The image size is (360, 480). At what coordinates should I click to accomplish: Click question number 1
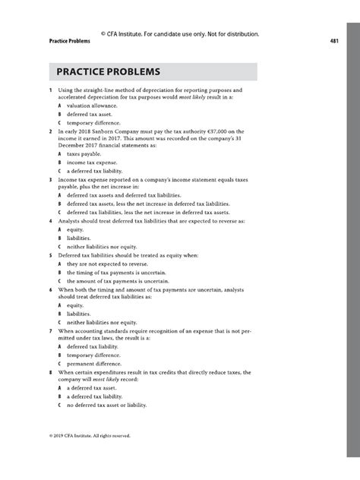[x=49, y=90]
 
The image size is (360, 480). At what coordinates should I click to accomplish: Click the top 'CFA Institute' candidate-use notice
[x=180, y=33]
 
